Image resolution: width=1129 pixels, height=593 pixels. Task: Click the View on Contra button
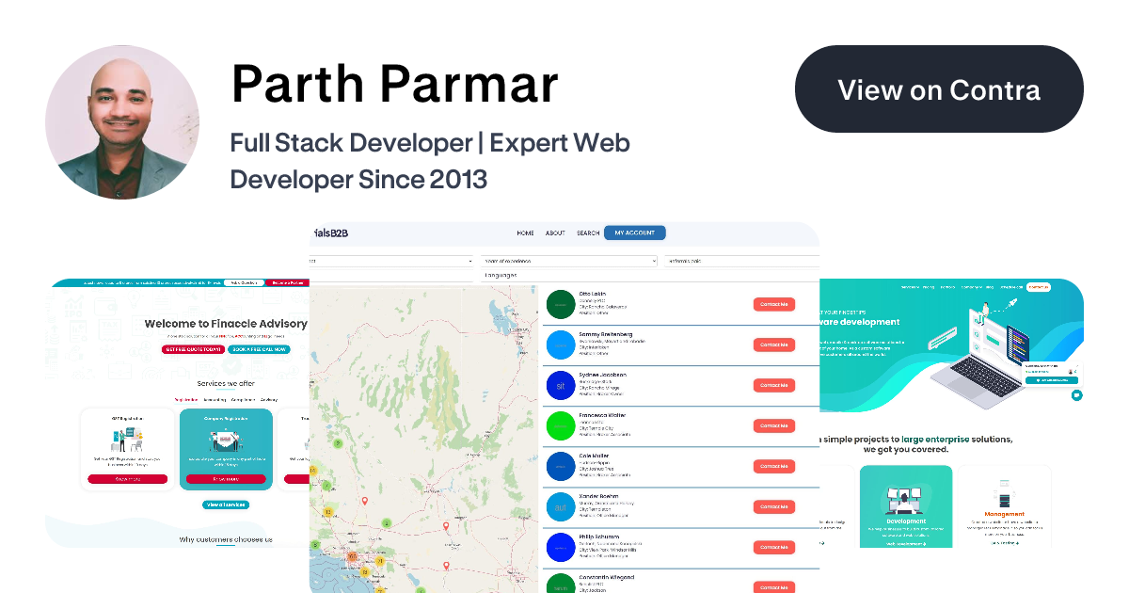tap(939, 89)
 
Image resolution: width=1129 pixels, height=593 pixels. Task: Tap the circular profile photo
tap(122, 122)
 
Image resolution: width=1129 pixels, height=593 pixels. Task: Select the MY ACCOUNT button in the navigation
tap(634, 233)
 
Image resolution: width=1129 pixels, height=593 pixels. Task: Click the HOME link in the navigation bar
tap(525, 233)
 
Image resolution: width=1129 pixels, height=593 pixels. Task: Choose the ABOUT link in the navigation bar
tap(555, 233)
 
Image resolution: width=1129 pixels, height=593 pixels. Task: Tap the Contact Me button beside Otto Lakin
tap(773, 304)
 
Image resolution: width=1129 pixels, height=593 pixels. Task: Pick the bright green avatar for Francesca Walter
tap(560, 426)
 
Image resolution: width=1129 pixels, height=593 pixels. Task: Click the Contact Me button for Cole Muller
tap(773, 466)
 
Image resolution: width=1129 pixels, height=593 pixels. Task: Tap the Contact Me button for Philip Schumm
tap(773, 547)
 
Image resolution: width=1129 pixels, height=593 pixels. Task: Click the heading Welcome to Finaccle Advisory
tap(226, 324)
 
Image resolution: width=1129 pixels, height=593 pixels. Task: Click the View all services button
tap(226, 505)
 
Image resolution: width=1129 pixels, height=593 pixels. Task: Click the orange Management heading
tap(1004, 515)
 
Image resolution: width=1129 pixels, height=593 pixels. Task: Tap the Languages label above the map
tap(501, 275)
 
